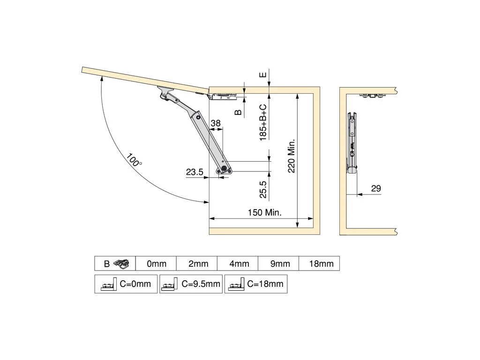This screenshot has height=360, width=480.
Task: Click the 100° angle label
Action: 134,159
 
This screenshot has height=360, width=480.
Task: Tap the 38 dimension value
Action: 216,123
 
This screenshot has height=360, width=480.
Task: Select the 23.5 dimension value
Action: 195,172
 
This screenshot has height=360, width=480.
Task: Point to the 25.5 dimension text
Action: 263,189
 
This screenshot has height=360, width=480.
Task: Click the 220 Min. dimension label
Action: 291,156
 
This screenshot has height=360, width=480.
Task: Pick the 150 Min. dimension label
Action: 264,212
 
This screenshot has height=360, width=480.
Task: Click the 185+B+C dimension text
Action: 263,122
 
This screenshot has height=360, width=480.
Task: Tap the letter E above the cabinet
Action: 263,75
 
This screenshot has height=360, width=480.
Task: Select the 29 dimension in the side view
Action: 376,188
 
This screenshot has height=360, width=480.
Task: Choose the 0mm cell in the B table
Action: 157,263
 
